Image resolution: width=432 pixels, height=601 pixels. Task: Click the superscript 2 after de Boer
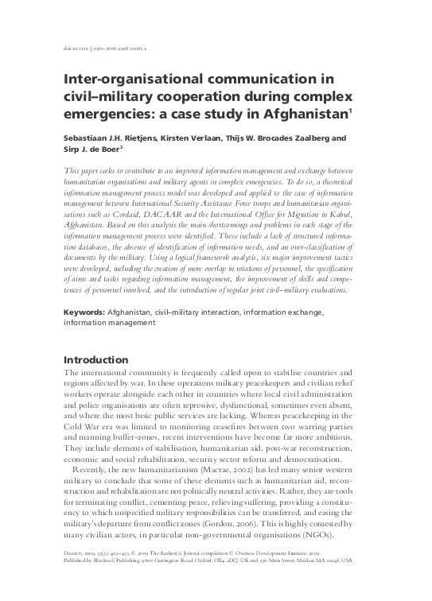point(122,148)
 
